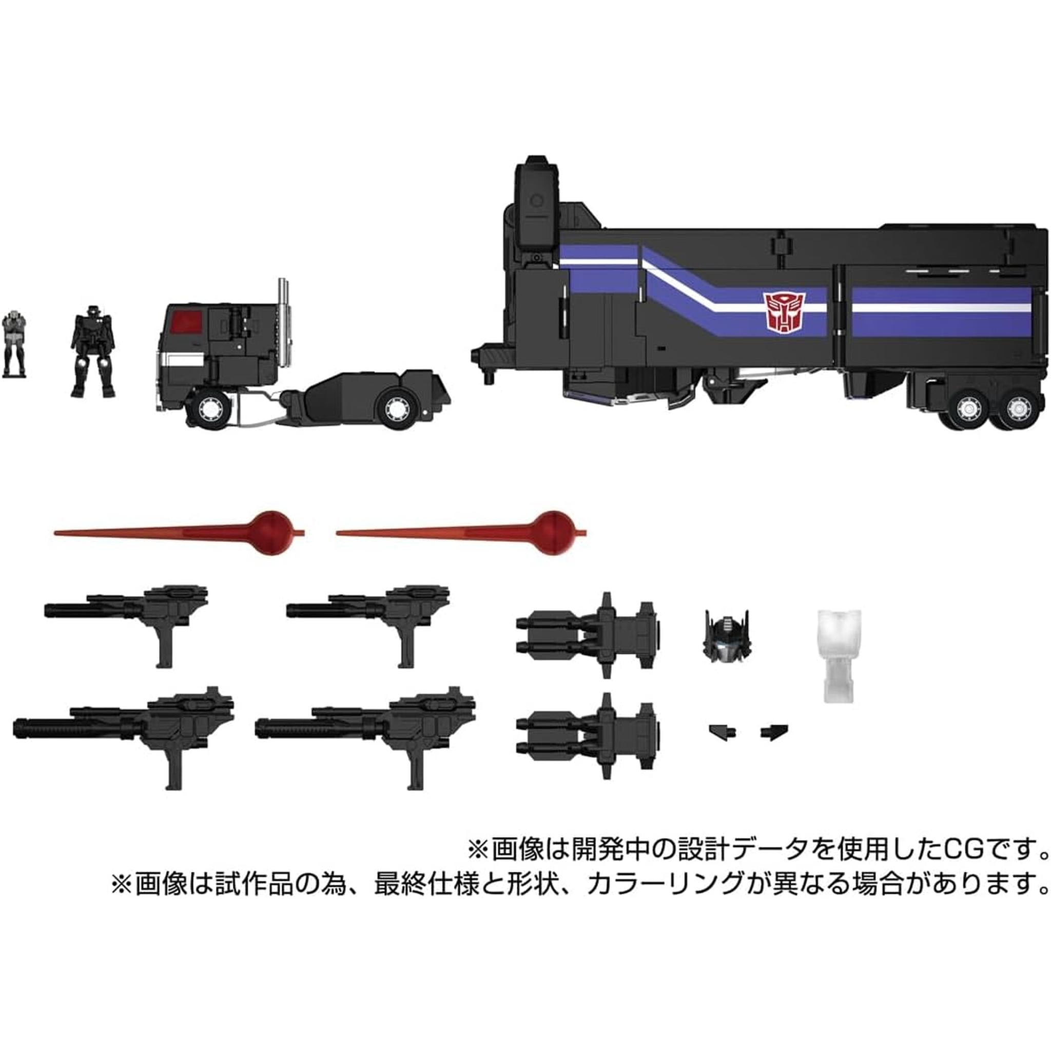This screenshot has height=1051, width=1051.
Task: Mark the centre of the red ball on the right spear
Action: [552, 526]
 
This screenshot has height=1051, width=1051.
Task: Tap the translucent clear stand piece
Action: [840, 655]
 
